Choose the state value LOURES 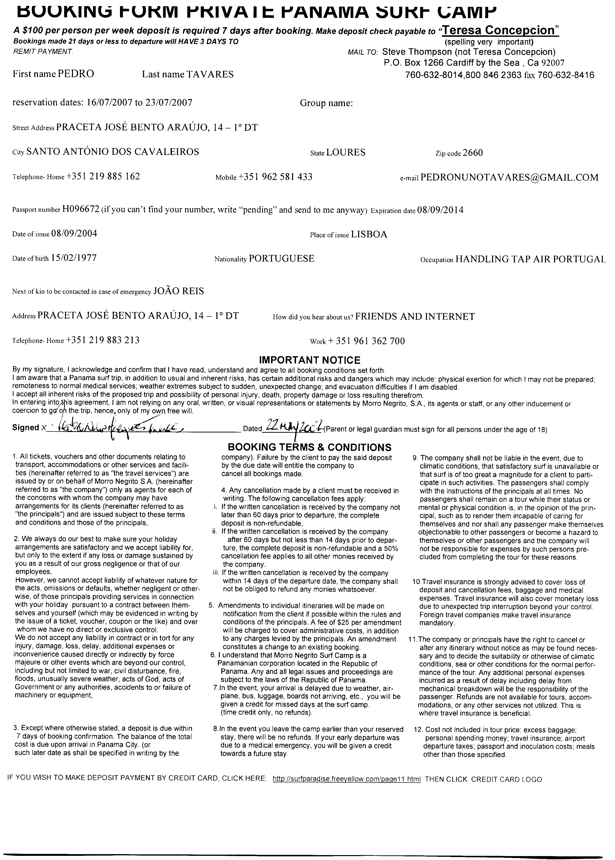point(345,152)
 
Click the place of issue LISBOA point(369,234)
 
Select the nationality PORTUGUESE point(281,259)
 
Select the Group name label point(326,103)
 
